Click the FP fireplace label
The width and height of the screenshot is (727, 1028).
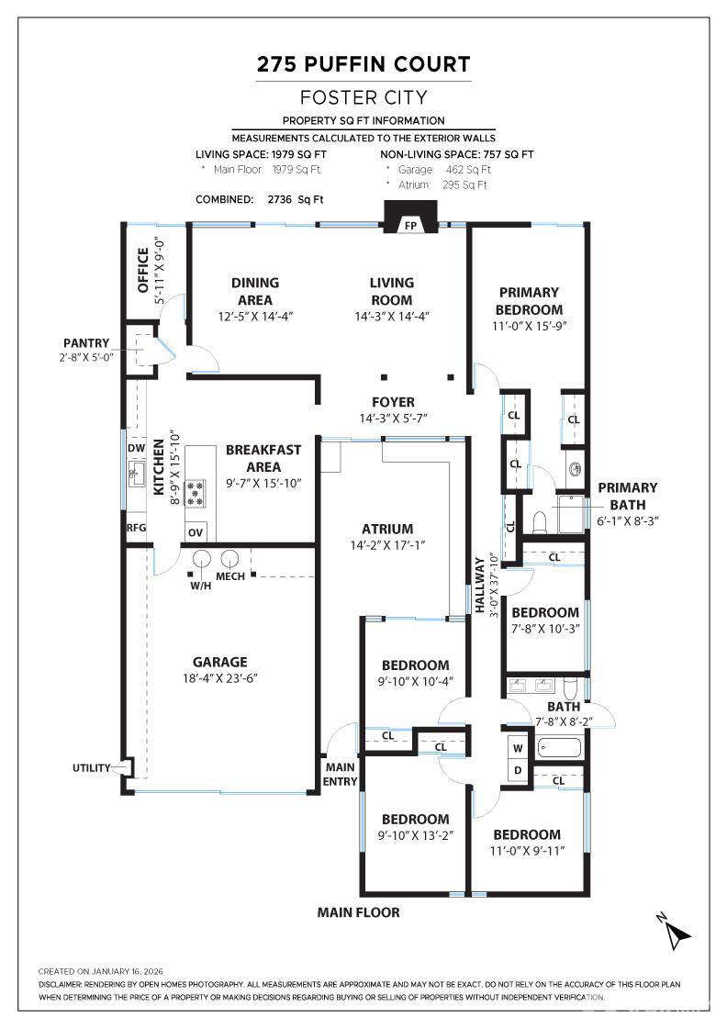[410, 225]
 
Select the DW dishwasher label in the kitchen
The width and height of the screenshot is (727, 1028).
[136, 448]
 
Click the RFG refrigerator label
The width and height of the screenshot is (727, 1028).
[136, 528]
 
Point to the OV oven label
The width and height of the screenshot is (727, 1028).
[196, 532]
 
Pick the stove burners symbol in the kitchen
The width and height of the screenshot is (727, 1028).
[196, 493]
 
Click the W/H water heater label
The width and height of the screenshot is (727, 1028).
[200, 586]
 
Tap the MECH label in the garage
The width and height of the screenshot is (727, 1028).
[229, 576]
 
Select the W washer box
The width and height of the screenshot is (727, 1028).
[518, 747]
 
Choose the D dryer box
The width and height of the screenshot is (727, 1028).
[518, 771]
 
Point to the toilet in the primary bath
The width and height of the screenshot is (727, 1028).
[539, 520]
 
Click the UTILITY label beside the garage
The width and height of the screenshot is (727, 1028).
[92, 768]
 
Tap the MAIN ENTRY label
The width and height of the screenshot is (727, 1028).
[340, 775]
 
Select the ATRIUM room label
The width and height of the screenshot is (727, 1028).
[386, 529]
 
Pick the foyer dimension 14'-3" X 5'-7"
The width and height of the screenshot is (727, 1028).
[393, 418]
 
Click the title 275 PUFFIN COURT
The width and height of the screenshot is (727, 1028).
[363, 64]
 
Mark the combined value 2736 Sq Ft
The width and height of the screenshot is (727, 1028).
[295, 199]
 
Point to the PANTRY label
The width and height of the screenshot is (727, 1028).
[86, 343]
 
